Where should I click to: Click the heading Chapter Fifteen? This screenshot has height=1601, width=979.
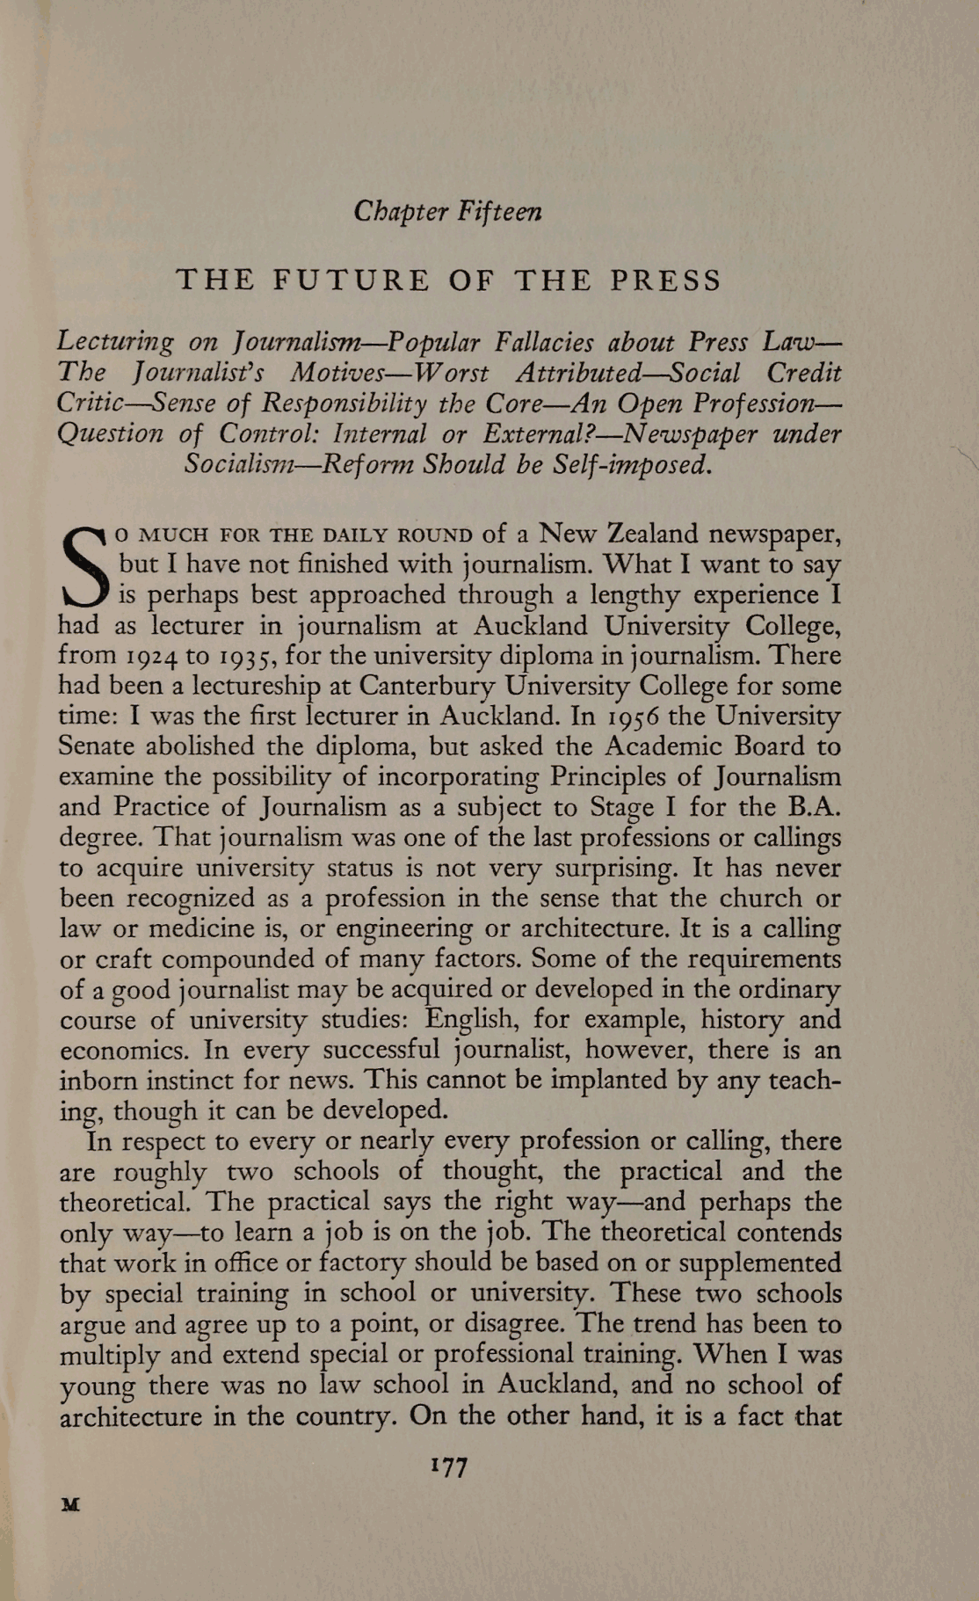coord(447,212)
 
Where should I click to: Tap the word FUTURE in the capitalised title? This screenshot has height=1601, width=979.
coord(352,280)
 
